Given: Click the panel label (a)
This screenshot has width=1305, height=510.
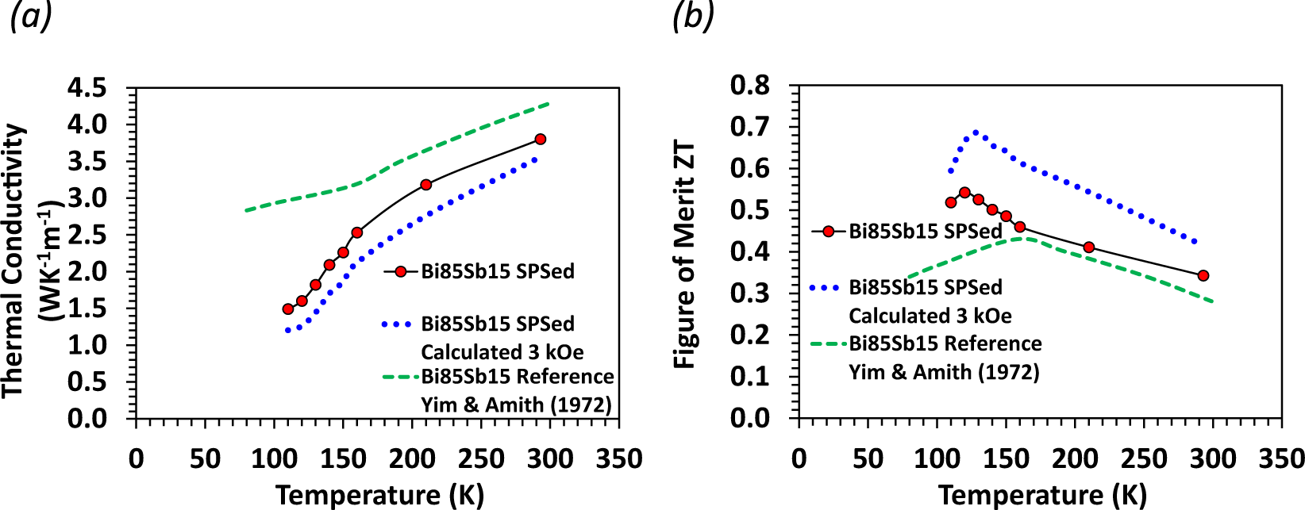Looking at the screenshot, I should point(31,16).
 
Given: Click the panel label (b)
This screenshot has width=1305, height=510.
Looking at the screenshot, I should point(693,16).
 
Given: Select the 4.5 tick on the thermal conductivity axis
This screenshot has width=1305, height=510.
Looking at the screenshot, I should point(87,87).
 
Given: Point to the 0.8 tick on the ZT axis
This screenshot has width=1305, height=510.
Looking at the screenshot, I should point(750,85).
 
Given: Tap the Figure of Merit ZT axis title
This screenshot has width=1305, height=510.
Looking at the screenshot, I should point(684,255).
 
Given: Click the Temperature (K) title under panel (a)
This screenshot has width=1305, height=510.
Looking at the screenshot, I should point(379,495).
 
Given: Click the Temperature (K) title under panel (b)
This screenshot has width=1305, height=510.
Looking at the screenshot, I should point(1042,495).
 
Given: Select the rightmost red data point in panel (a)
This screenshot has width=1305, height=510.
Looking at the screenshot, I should point(541,139).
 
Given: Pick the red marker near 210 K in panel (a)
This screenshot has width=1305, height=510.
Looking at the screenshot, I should point(425,185).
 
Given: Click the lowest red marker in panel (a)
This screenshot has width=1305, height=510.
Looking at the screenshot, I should point(288,309).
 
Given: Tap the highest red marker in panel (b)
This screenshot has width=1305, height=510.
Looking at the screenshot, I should point(964,193).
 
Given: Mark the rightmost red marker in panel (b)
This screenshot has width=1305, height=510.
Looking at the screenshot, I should point(1203,276).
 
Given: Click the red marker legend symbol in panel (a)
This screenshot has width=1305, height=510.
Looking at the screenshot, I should point(401,271).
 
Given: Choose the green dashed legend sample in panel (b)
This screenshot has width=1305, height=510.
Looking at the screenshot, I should point(829,344).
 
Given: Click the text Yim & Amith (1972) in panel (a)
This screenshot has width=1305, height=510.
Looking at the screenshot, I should point(516,405).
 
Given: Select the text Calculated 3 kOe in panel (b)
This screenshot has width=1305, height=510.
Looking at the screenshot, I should point(930,316).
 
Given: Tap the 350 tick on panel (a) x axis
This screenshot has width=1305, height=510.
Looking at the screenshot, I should point(618,458).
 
